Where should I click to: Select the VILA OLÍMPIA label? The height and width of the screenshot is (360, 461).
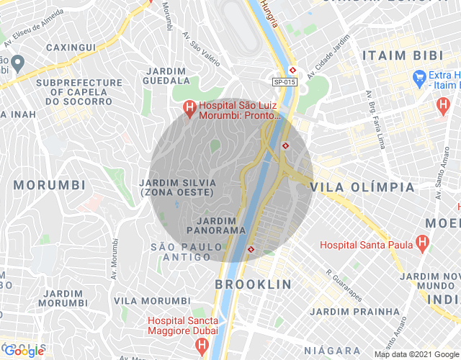tap(362, 187)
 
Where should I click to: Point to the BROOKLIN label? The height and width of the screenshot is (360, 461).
tap(254, 284)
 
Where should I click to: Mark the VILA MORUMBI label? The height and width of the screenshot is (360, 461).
tap(152, 300)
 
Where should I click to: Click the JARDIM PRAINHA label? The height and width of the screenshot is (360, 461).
tap(354, 311)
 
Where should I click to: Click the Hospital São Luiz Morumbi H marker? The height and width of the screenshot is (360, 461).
tap(189, 109)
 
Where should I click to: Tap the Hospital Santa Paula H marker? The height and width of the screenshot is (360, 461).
tap(423, 244)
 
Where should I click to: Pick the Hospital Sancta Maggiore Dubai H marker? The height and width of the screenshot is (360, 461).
tap(202, 347)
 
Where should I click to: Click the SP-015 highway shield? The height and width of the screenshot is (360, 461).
tap(285, 82)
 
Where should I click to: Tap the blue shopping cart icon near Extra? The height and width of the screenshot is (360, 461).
tap(419, 76)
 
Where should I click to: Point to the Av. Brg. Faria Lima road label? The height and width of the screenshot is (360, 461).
tap(374, 120)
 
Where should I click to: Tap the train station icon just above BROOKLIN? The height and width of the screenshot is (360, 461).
tap(251, 249)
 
